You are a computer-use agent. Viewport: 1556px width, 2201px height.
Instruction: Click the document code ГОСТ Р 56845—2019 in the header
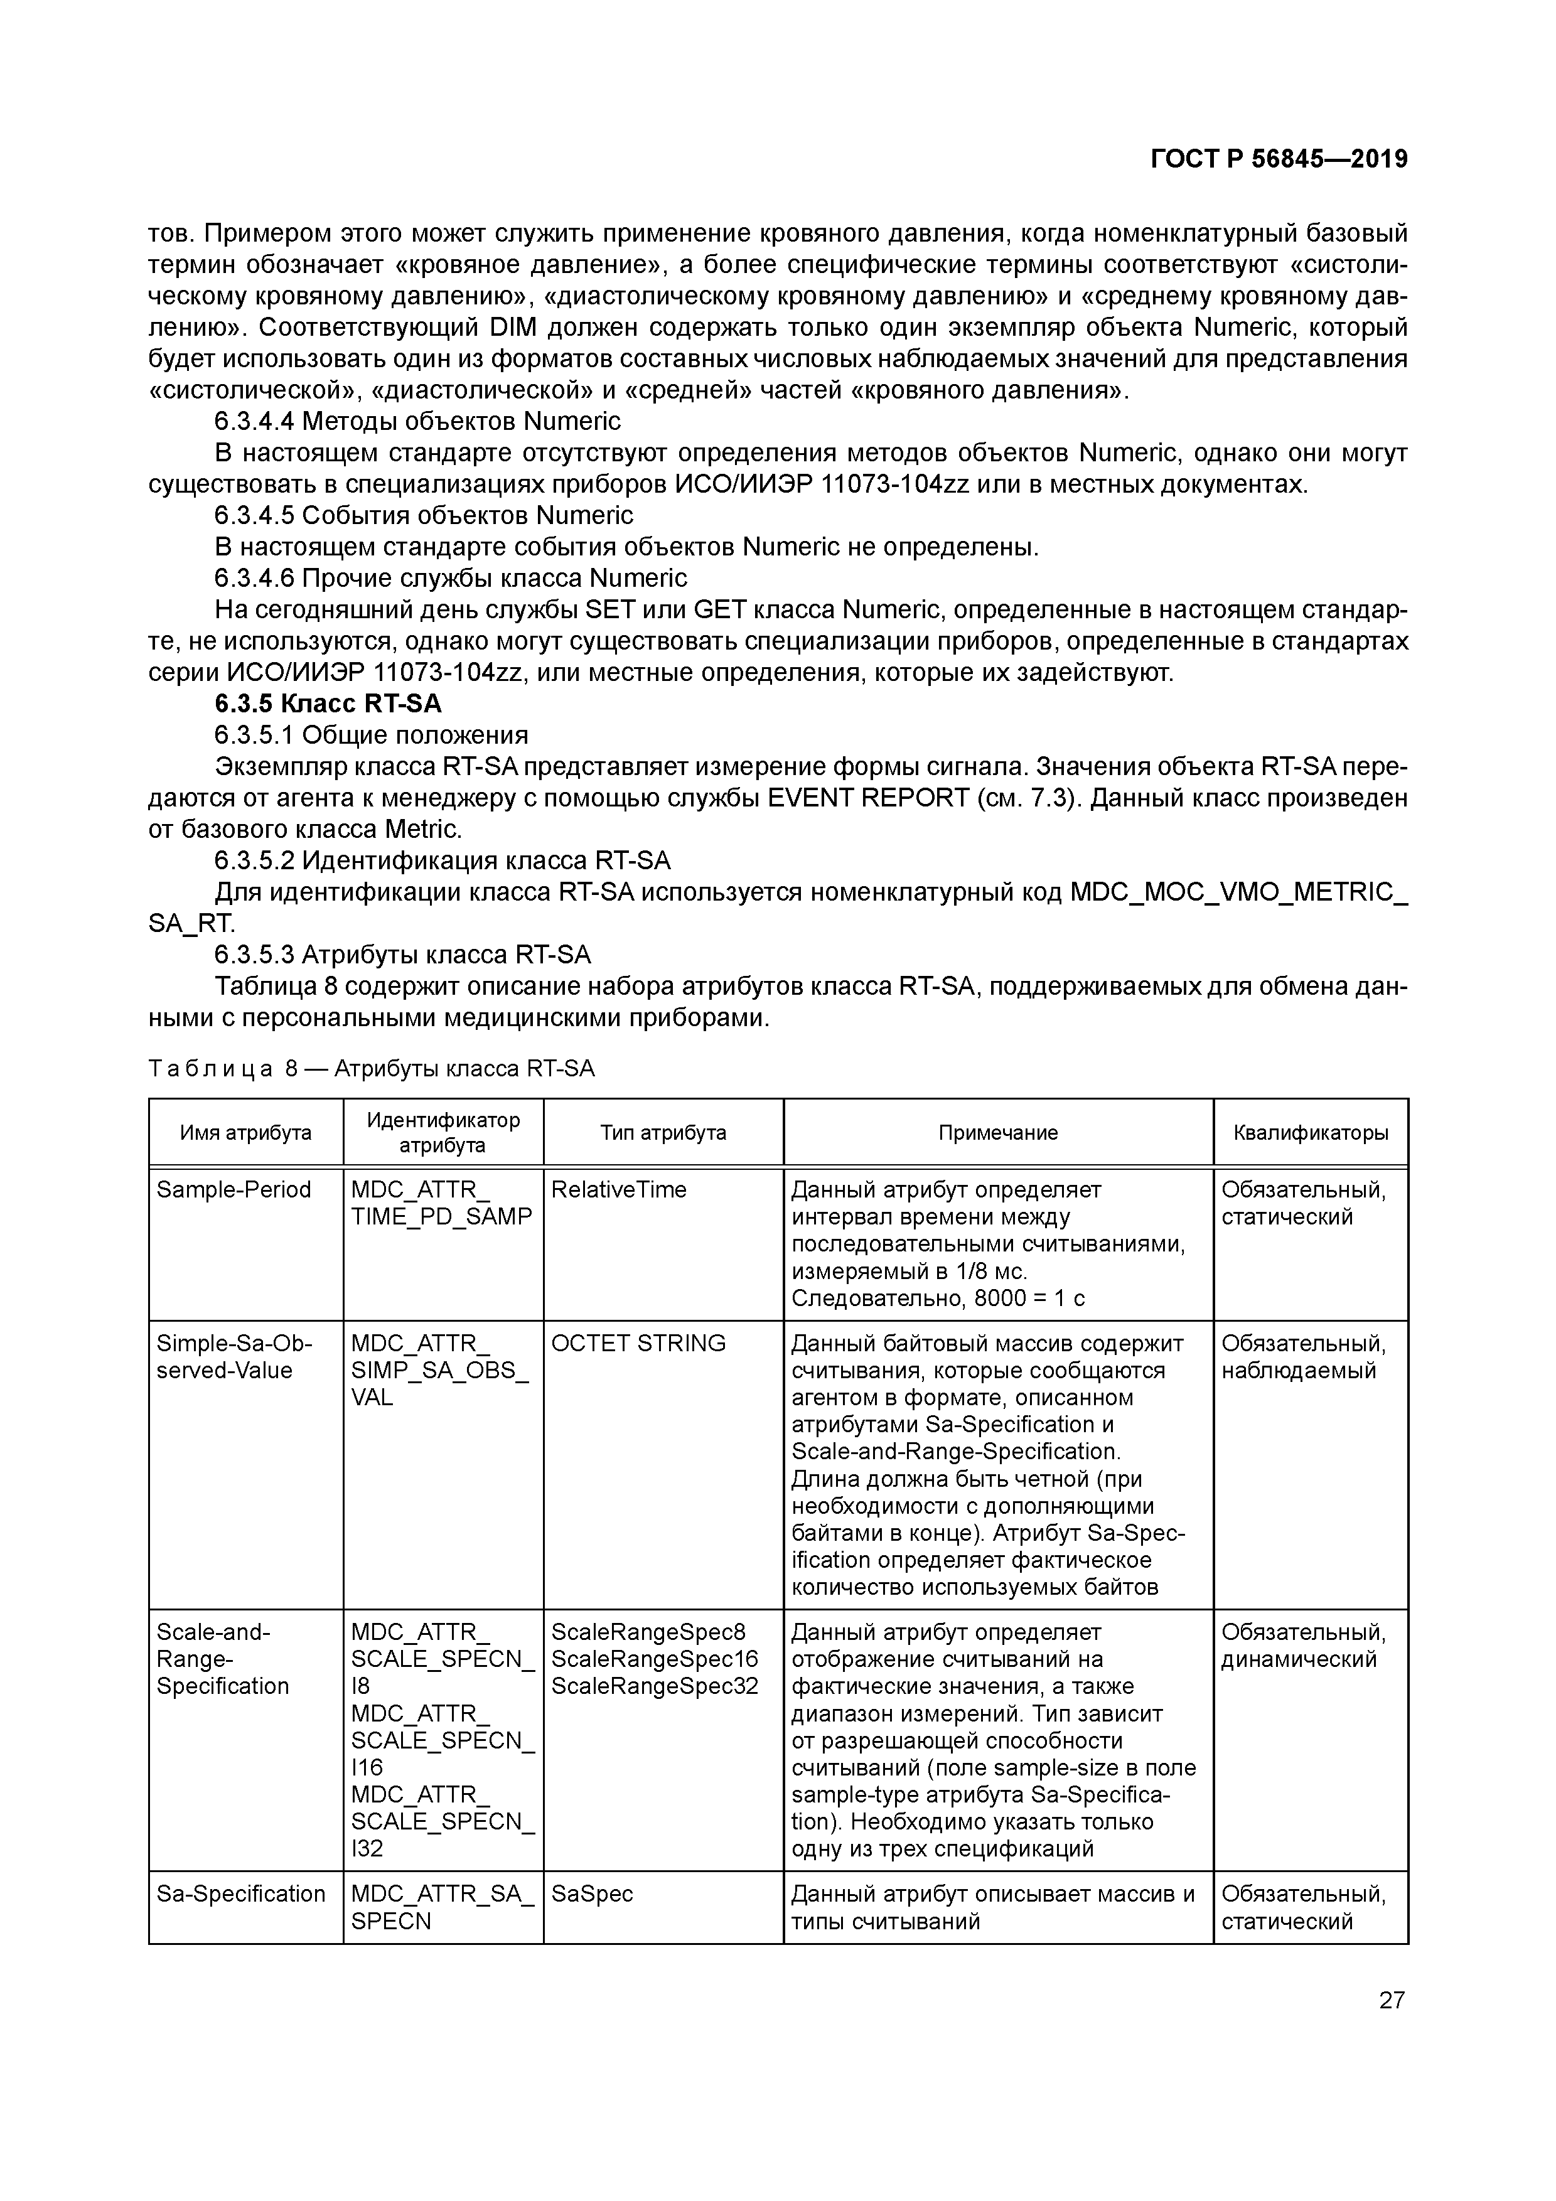click(1279, 159)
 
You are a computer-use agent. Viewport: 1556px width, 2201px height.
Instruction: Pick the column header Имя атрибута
click(245, 1132)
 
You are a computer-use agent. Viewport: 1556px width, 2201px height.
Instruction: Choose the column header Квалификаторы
click(1311, 1132)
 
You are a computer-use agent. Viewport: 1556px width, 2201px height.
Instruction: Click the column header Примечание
click(998, 1132)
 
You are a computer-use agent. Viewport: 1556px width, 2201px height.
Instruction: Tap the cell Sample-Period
click(234, 1190)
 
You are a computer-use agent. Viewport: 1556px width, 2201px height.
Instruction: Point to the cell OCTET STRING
click(638, 1343)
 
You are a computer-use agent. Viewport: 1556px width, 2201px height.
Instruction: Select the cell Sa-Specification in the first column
click(240, 1893)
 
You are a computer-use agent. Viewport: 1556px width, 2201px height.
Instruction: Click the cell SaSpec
click(591, 1893)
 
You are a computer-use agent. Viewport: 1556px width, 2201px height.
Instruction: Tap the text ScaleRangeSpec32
click(655, 1685)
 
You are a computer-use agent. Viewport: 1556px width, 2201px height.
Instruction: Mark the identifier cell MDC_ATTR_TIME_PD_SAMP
click(441, 1203)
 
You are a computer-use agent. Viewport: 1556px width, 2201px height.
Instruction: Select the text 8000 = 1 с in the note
click(1029, 1298)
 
